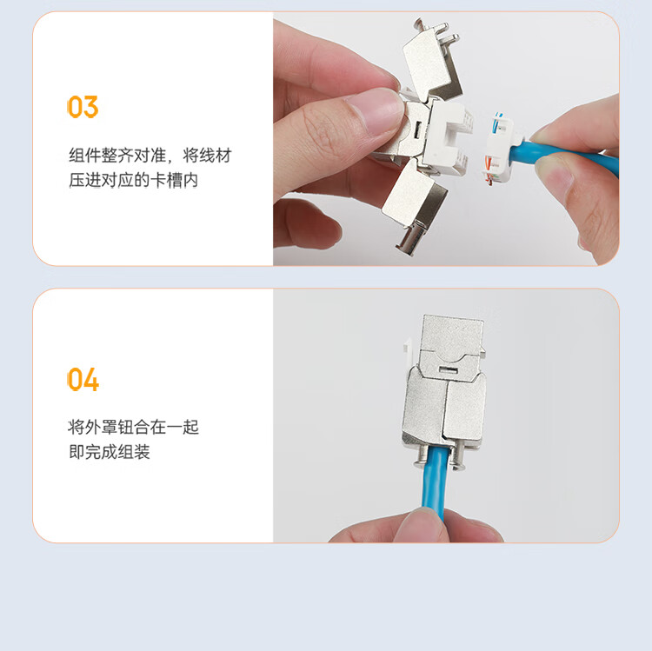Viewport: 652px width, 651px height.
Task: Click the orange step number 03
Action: (83, 107)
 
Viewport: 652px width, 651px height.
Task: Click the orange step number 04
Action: (83, 379)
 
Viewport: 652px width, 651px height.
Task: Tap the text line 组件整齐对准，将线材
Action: (150, 156)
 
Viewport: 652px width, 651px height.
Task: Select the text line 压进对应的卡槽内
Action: (134, 180)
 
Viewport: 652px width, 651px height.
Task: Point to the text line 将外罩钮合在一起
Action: (134, 427)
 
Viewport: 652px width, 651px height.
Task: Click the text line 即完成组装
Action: (110, 452)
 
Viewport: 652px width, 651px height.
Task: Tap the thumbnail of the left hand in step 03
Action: (376, 111)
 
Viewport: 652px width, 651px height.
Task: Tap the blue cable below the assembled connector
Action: (435, 482)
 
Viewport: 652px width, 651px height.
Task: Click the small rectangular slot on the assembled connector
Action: (449, 370)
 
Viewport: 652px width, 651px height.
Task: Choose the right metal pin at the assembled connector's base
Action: (458, 457)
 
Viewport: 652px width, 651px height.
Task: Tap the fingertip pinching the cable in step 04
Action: (420, 525)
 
